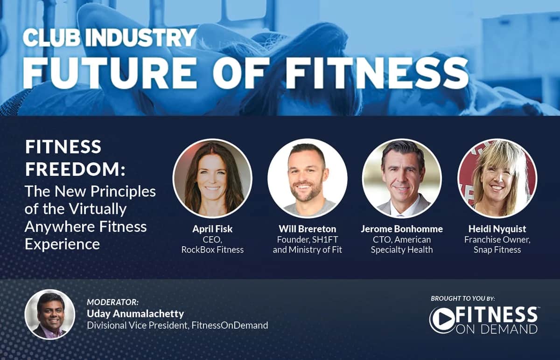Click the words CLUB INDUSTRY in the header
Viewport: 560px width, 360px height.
coord(109,38)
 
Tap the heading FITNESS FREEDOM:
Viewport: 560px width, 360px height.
coord(75,158)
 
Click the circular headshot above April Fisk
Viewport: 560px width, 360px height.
coord(212,178)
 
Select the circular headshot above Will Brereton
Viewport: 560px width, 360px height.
coord(307,178)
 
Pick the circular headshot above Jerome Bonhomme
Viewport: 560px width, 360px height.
coord(402,178)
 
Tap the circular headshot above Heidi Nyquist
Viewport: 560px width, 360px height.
coord(497,178)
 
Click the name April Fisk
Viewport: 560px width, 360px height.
coord(212,229)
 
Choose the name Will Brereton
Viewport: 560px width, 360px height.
coord(307,229)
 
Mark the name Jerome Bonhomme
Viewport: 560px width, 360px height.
coord(402,229)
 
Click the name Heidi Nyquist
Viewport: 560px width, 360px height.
coord(497,229)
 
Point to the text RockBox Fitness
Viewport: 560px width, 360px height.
coord(212,249)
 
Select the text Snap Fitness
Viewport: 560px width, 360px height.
coord(497,249)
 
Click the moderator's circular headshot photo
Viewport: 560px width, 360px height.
coord(50,314)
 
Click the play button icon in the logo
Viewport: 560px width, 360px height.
coord(441,320)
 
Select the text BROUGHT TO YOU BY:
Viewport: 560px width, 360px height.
coord(462,298)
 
